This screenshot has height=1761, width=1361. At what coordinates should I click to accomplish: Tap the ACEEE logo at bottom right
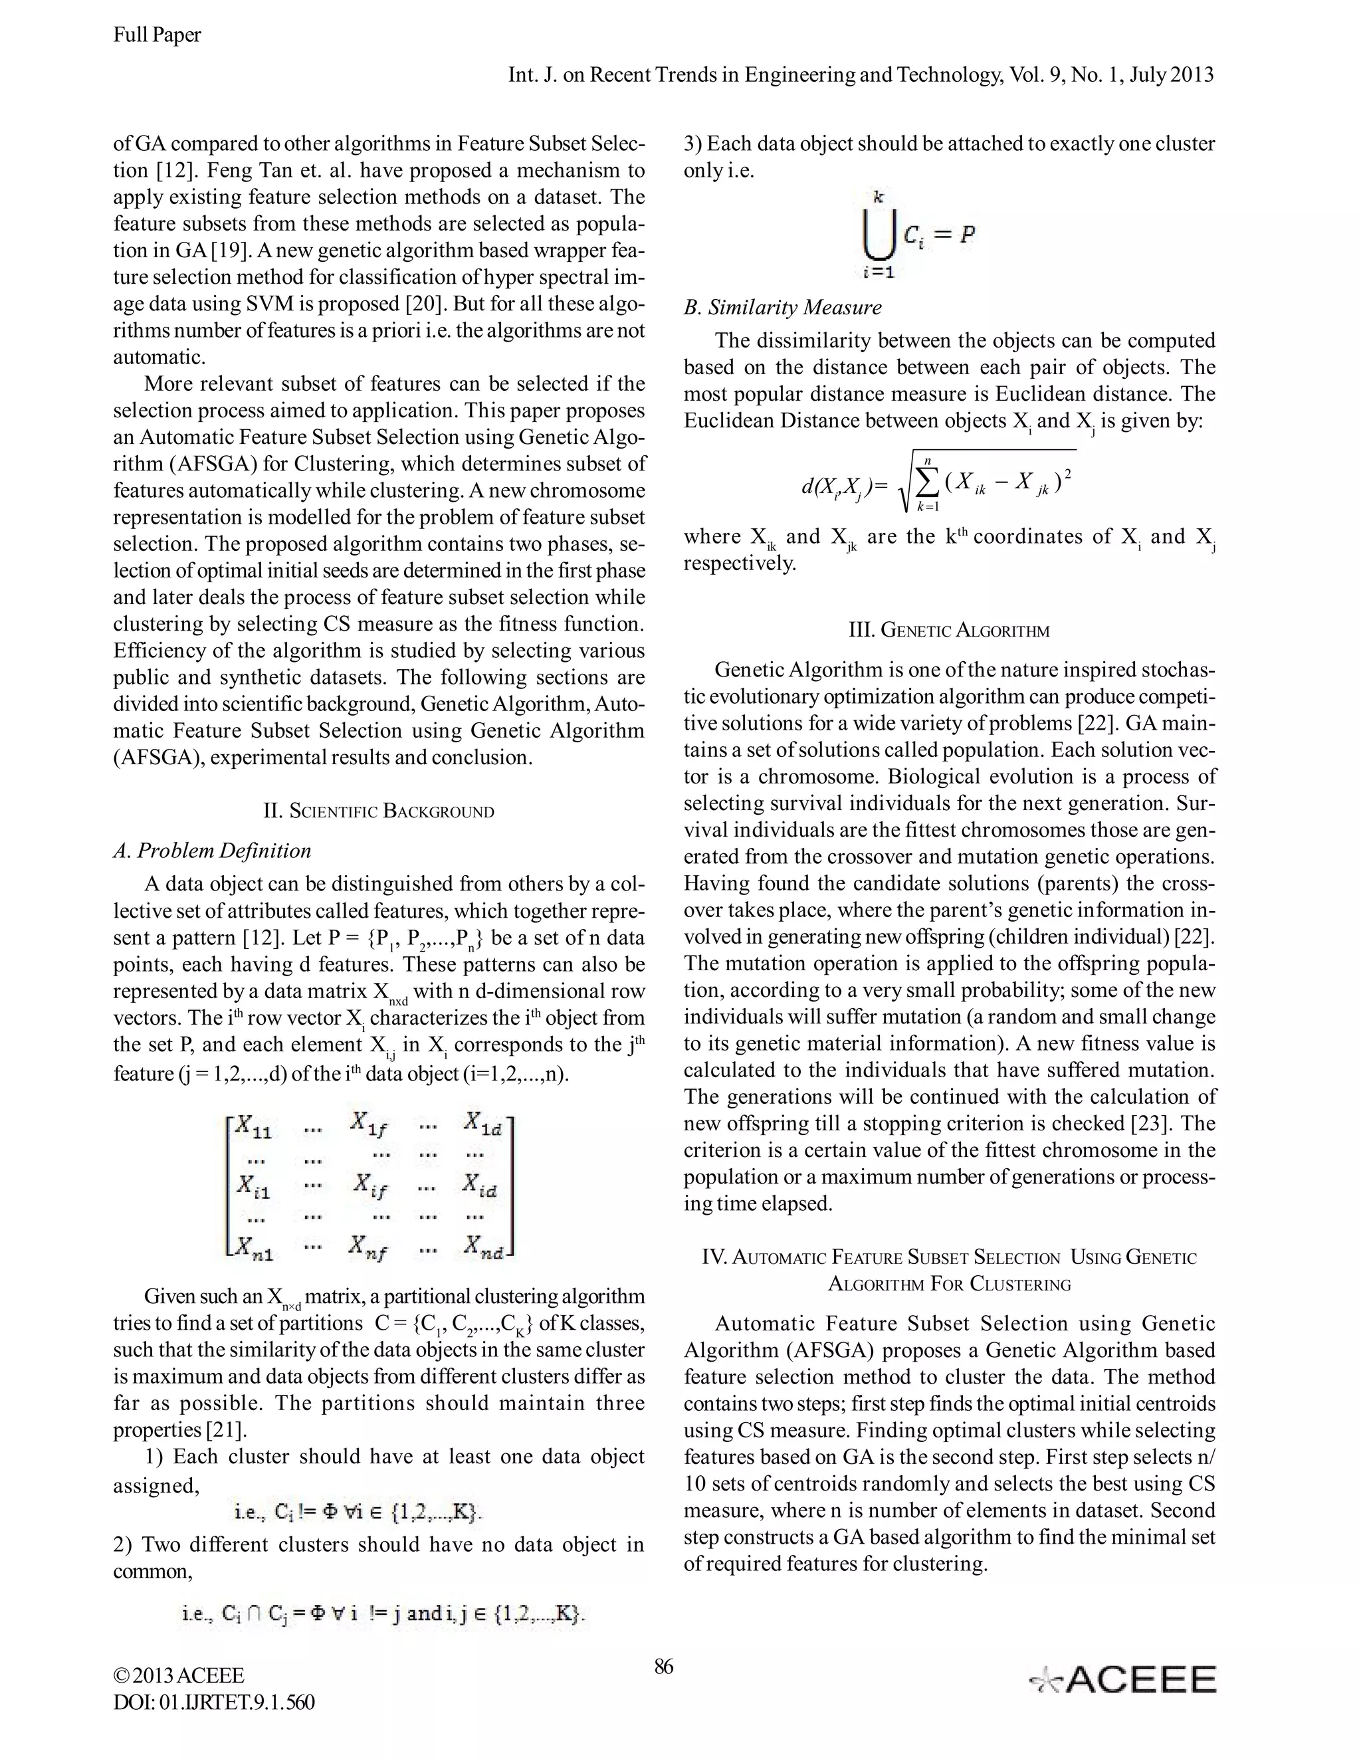[1123, 1681]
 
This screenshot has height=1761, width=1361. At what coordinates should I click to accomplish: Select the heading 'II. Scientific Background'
[378, 810]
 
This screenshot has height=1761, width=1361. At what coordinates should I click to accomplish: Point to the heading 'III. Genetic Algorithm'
[949, 630]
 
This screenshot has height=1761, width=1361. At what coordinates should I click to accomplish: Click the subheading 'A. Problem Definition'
[212, 851]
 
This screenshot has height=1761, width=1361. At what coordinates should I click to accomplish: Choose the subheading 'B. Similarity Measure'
[782, 307]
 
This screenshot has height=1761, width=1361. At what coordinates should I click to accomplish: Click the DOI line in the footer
[214, 1703]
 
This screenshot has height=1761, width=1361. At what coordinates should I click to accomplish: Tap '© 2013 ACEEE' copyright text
[178, 1675]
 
